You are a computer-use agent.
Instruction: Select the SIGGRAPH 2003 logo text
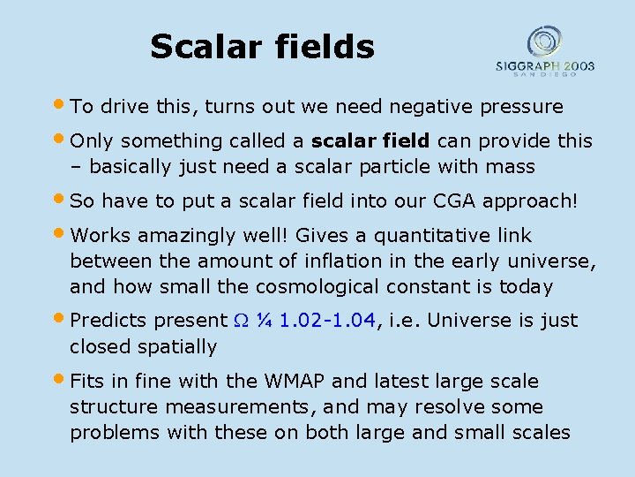(x=544, y=65)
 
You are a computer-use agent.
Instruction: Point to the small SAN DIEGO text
(x=545, y=74)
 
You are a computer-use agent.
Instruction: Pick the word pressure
(x=521, y=107)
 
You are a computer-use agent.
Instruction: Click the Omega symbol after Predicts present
(x=240, y=321)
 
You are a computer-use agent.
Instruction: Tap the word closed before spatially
(x=99, y=346)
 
